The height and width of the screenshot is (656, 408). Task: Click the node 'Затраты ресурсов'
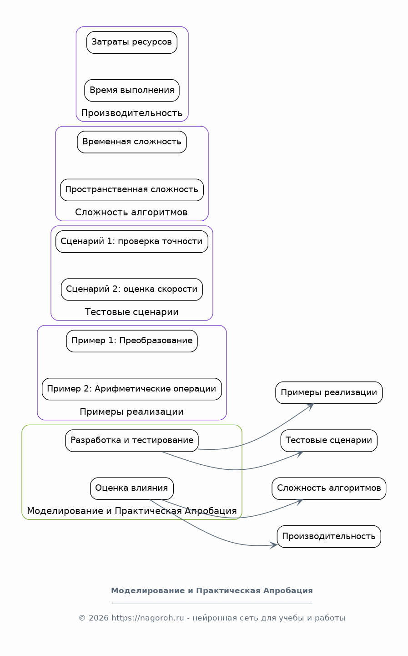coord(132,42)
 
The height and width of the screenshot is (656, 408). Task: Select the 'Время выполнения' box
coord(132,91)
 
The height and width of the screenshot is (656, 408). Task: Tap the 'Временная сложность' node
coord(132,142)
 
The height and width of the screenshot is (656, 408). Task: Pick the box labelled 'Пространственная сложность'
coord(132,190)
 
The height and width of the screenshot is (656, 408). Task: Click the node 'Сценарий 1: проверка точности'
coord(132,242)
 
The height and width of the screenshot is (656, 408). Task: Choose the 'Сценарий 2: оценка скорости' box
coord(132,290)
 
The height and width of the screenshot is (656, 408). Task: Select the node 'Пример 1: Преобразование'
coord(132,341)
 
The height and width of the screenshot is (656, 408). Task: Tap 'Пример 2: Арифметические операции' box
coord(132,389)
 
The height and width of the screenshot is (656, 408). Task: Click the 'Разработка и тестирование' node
coord(132,441)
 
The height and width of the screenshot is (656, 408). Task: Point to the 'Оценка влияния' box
coord(132,489)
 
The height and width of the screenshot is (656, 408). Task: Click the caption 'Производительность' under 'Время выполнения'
coord(132,113)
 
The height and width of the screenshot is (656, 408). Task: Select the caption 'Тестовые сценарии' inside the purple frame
coord(132,312)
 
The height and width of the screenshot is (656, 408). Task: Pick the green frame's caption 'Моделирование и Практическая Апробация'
coord(132,511)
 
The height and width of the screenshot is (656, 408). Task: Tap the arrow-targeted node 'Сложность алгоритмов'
coord(329,489)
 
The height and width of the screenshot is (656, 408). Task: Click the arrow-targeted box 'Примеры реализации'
coord(329,393)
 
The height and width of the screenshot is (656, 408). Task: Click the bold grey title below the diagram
coord(212,591)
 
